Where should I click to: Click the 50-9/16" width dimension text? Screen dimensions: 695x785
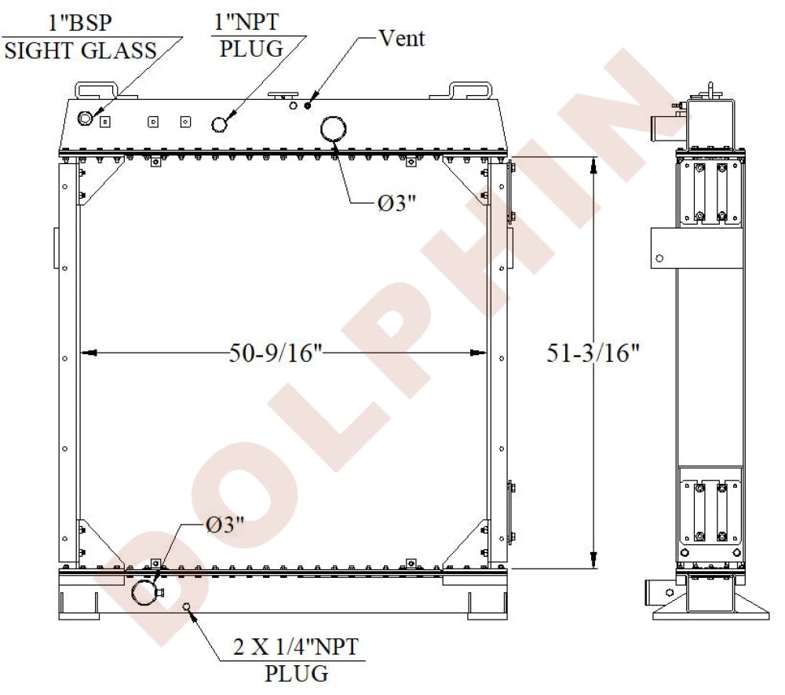click(x=276, y=353)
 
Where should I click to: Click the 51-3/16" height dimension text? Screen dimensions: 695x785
click(x=593, y=353)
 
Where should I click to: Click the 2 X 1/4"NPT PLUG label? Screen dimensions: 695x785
click(x=297, y=660)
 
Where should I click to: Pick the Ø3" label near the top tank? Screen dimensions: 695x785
click(x=396, y=203)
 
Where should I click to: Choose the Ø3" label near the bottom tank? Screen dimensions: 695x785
click(x=225, y=525)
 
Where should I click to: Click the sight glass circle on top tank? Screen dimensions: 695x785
click(x=86, y=119)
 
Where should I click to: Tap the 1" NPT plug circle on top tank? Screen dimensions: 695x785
click(x=221, y=124)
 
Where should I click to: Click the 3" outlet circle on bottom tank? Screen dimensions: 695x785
click(x=144, y=591)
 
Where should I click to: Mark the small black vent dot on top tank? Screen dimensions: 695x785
click(x=309, y=104)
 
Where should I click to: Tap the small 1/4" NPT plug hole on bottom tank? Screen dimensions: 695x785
click(x=186, y=606)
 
